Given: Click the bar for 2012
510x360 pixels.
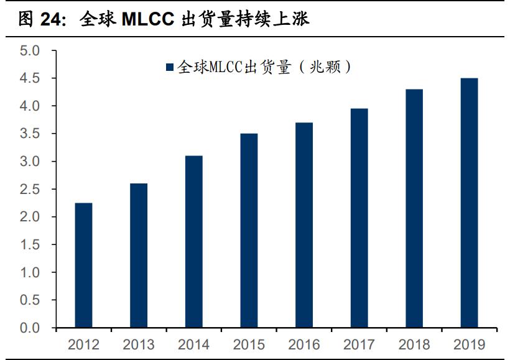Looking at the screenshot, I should coord(83,265).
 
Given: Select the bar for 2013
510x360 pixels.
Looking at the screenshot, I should coord(139,256).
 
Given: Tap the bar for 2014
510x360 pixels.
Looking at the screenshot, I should coord(193,242).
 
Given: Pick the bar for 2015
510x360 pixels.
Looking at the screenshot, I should coord(249,231).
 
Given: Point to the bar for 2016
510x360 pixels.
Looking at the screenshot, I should coord(304,225).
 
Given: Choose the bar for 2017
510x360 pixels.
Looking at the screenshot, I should coord(359,218).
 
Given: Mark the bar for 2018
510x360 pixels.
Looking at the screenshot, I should coord(414,208).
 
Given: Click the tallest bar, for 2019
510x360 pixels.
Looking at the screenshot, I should coord(469,203).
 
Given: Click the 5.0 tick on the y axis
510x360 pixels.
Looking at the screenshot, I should coord(29,51).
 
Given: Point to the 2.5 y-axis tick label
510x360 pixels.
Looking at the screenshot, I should coord(29,190).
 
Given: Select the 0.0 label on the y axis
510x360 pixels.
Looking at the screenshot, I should coord(29,328).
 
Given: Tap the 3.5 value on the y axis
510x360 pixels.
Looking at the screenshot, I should coord(29,134).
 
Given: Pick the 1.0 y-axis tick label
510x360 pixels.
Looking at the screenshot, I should coord(29,273).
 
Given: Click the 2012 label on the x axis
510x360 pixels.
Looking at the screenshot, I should coord(83,344).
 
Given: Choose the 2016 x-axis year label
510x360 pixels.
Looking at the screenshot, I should coord(304,344).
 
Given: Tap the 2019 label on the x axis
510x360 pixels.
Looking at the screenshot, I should coord(469,344).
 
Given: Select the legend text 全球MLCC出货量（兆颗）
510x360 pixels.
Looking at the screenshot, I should coord(264,67).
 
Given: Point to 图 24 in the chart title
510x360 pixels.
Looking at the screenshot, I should coord(40,20).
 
